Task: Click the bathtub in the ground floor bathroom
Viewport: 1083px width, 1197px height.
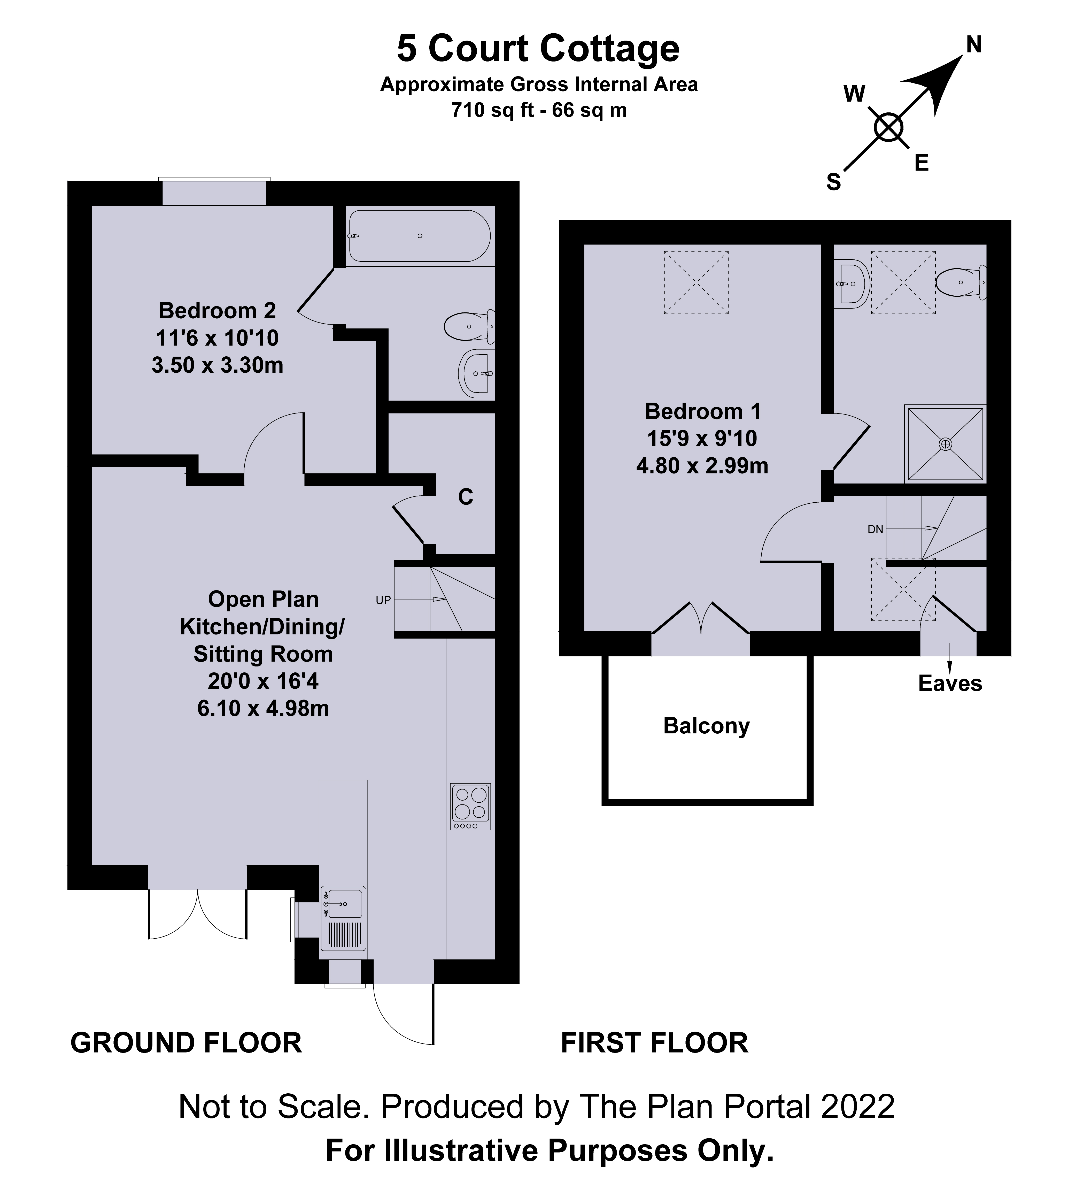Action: (419, 236)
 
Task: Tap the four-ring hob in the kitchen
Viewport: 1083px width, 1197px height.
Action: (470, 806)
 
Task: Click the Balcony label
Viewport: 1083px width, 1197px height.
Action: (706, 726)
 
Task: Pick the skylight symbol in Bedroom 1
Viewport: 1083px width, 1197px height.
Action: (696, 282)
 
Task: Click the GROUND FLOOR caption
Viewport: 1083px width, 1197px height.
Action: (186, 1043)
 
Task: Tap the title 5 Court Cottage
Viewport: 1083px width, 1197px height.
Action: (538, 49)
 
